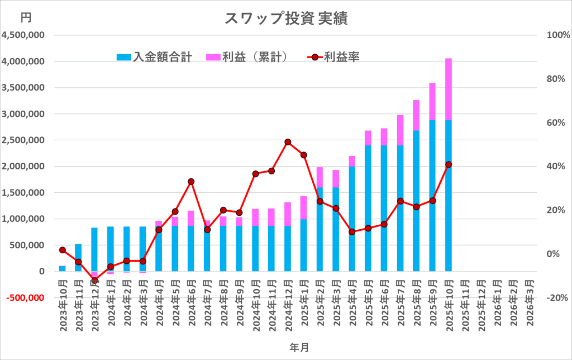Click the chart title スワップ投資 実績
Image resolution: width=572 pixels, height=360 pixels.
point(285,18)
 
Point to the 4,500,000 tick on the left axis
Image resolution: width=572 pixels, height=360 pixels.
point(24,35)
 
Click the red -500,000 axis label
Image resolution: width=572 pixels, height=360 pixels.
point(24,297)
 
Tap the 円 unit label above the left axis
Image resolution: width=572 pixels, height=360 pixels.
point(26,17)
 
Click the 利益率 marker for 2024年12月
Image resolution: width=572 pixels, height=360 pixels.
point(288,142)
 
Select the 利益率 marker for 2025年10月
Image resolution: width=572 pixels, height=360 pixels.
point(449,164)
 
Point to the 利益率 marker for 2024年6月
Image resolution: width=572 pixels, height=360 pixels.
point(191,182)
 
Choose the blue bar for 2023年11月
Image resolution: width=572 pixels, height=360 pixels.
point(78,258)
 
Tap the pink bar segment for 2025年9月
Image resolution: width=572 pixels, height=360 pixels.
point(432,101)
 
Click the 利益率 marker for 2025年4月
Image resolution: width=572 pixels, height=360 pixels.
point(352,232)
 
